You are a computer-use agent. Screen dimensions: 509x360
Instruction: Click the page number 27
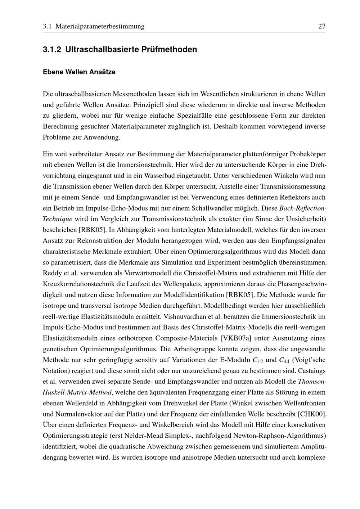click(321, 26)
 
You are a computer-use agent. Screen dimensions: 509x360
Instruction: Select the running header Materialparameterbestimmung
click(100, 26)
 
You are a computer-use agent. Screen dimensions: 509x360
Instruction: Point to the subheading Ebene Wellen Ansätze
click(79, 72)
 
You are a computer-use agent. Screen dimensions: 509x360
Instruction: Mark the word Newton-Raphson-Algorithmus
click(279, 436)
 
